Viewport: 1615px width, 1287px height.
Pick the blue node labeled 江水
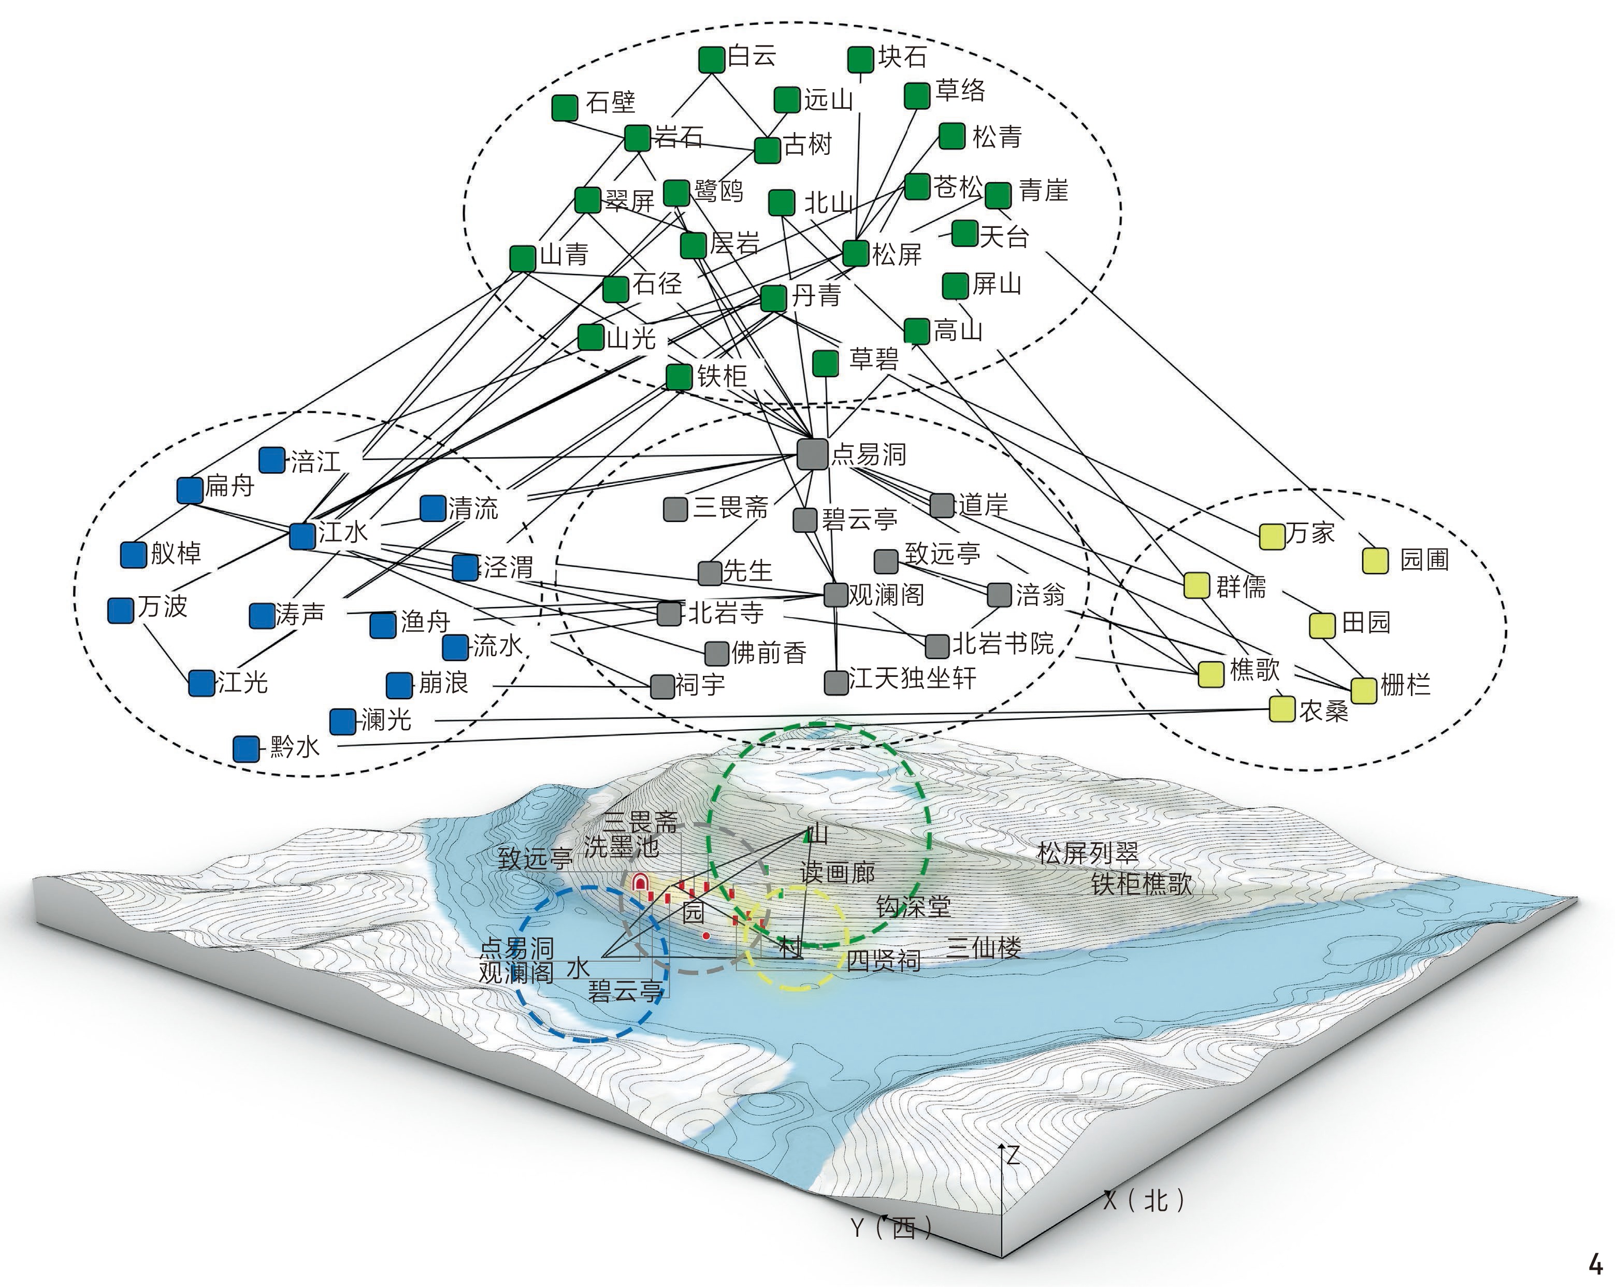tap(302, 536)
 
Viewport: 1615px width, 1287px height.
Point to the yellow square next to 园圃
tap(1375, 561)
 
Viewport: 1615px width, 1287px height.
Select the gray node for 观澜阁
tap(835, 595)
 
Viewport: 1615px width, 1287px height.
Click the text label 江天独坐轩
tap(912, 678)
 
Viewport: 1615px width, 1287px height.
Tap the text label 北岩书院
tap(1002, 643)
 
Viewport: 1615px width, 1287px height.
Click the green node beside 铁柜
tap(679, 377)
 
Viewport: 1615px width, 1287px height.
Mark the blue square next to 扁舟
tap(190, 490)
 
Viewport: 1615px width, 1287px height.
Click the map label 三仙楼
tap(984, 948)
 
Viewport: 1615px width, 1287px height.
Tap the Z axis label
tap(1013, 1155)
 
